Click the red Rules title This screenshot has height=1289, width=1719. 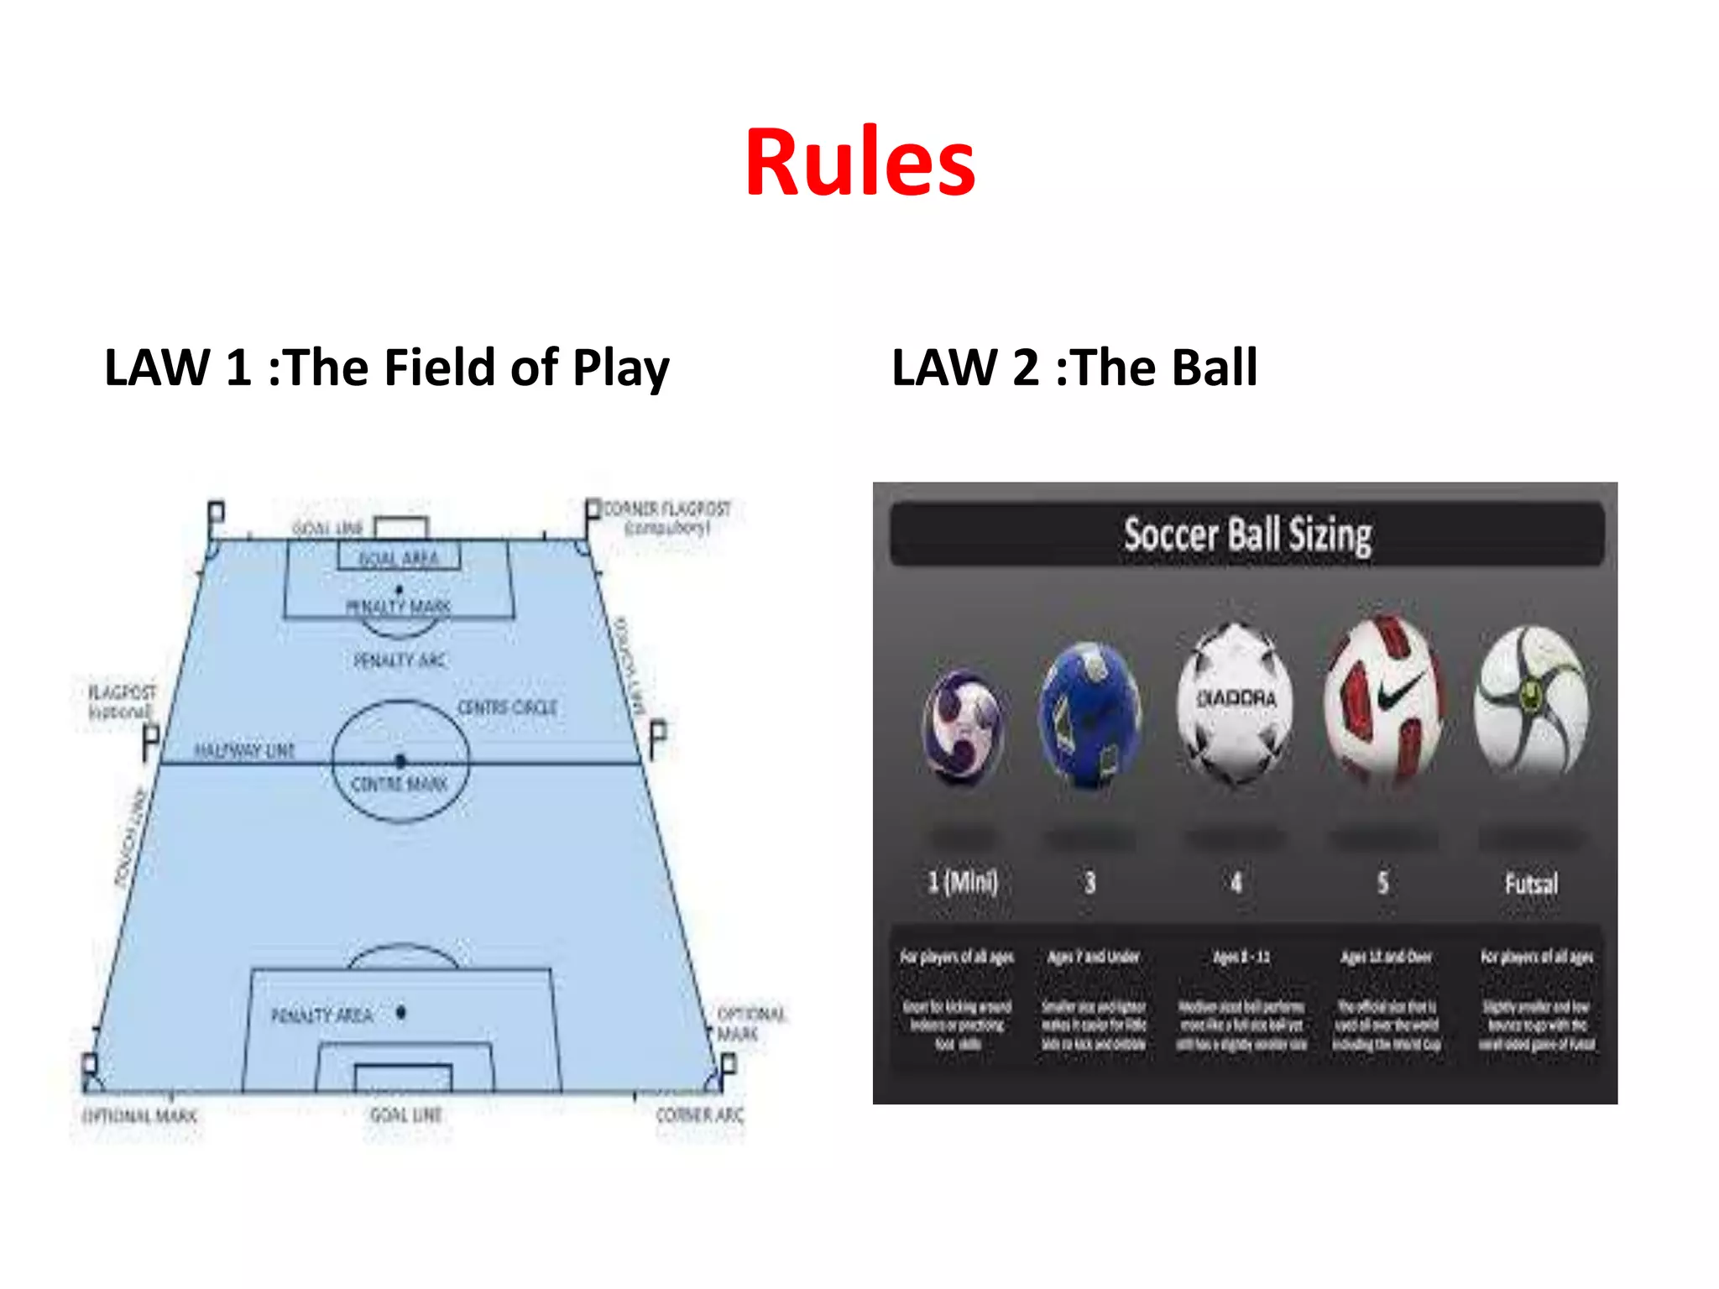[x=859, y=162]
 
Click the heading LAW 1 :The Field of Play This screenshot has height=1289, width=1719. [x=386, y=368]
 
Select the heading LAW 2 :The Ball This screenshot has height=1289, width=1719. [x=1074, y=368]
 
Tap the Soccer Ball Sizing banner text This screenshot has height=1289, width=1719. [x=1247, y=535]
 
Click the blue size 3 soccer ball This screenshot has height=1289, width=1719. [x=1089, y=714]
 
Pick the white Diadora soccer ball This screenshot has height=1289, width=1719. [x=1235, y=702]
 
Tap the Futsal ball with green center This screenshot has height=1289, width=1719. [x=1531, y=701]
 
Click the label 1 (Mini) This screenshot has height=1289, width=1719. [x=962, y=882]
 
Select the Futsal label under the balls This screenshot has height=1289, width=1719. [x=1531, y=884]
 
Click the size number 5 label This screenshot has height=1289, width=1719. [x=1382, y=882]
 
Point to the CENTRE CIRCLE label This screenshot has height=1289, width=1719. [x=507, y=707]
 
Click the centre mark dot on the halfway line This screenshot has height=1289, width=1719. [x=400, y=761]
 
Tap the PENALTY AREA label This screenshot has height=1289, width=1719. [x=321, y=1015]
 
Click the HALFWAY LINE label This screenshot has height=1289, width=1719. [x=244, y=749]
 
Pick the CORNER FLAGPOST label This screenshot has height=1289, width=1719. [x=666, y=509]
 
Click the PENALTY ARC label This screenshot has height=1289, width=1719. [x=400, y=660]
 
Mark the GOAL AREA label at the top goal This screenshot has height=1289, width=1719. [x=399, y=558]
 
